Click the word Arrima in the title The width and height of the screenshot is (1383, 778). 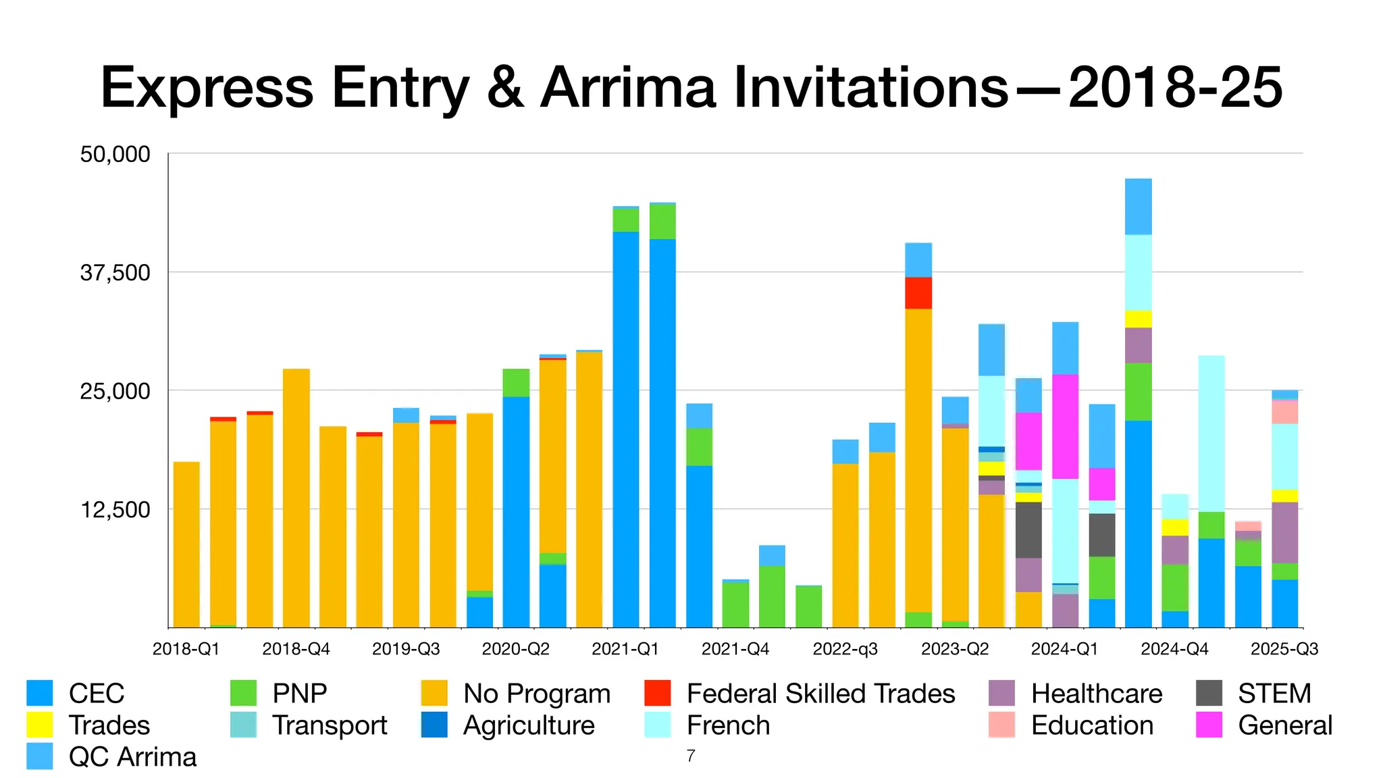click(627, 88)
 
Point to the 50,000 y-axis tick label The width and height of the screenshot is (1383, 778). click(115, 154)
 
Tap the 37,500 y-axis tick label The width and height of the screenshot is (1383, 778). click(115, 273)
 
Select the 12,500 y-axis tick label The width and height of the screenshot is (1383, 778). click(115, 510)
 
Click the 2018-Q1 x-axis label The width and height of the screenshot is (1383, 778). click(186, 649)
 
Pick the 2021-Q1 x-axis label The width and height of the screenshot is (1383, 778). click(625, 649)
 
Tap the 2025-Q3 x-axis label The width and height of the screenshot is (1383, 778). click(1284, 649)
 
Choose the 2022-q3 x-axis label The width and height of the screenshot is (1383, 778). click(845, 649)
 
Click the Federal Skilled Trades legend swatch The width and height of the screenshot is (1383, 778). click(658, 694)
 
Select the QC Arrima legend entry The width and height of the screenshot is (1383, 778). click(132, 757)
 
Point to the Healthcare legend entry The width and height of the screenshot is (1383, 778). click(1096, 694)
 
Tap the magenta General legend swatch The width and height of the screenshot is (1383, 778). click(1209, 725)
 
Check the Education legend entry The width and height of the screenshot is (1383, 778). click(1092, 725)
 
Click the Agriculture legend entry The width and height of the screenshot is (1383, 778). click(529, 725)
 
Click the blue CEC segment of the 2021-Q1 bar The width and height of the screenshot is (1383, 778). click(625, 432)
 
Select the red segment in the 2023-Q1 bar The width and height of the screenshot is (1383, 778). click(918, 293)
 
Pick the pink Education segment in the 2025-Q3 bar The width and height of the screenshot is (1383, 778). click(1284, 412)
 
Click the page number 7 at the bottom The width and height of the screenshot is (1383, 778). click(690, 756)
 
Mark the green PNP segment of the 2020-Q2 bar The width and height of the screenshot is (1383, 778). click(516, 382)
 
